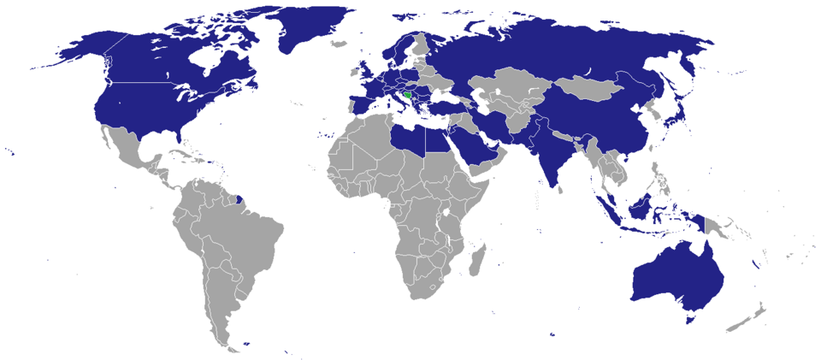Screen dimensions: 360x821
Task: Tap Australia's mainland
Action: click(676, 274)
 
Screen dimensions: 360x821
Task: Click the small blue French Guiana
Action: click(242, 203)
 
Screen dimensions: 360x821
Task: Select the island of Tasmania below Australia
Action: click(691, 320)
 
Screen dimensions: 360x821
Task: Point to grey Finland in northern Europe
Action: click(421, 47)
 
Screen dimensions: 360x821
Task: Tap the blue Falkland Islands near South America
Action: click(245, 344)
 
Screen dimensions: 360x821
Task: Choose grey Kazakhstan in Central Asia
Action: click(505, 86)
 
